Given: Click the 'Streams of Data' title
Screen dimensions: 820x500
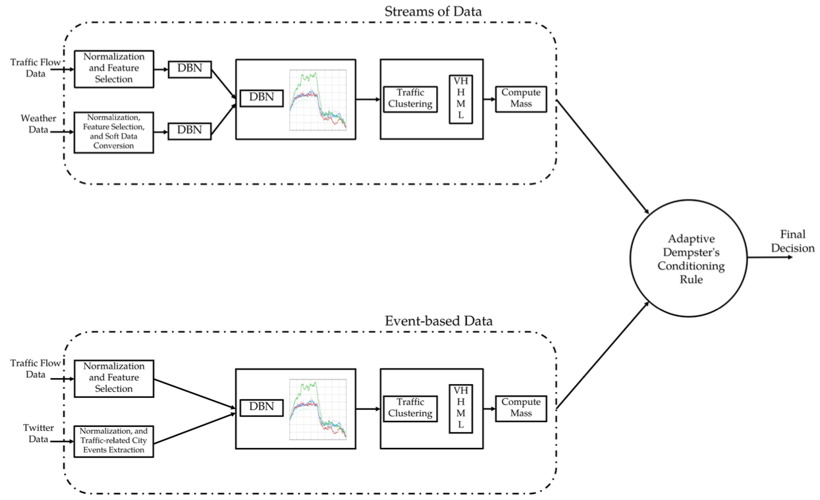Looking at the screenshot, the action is (433, 11).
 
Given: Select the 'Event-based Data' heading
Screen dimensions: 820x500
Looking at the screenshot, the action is (439, 321).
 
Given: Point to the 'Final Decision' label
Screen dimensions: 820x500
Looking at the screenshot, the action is (792, 241).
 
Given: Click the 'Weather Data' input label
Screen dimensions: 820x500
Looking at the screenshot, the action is (38, 124).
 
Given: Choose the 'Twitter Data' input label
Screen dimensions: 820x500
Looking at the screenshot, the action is (38, 433).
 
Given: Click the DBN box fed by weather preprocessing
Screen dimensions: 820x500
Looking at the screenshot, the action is (190, 131).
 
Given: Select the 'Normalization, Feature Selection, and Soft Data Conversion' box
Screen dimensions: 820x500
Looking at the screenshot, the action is (114, 132).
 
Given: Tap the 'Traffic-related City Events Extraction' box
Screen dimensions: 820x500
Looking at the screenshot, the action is (114, 441).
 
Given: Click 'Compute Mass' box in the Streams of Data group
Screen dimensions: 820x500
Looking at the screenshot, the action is (521, 99).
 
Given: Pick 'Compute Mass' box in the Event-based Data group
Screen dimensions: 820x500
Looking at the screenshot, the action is (521, 408).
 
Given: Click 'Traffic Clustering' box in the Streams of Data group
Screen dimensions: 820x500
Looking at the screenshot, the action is (410, 99).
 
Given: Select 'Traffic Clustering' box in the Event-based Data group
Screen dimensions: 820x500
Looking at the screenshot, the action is (410, 408).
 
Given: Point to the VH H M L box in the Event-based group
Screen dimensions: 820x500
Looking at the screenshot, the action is (461, 408).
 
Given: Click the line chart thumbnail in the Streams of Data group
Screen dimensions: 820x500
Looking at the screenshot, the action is (317, 100).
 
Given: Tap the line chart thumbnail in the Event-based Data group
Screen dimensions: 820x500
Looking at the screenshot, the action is (317, 409).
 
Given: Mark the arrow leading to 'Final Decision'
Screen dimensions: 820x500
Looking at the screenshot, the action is (770, 258).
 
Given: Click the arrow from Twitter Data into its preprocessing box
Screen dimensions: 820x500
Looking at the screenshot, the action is (62, 441).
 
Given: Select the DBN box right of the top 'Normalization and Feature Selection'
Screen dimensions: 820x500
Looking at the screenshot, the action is (190, 69).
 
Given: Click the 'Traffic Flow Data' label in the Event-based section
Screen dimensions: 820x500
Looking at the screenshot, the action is (36, 369).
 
